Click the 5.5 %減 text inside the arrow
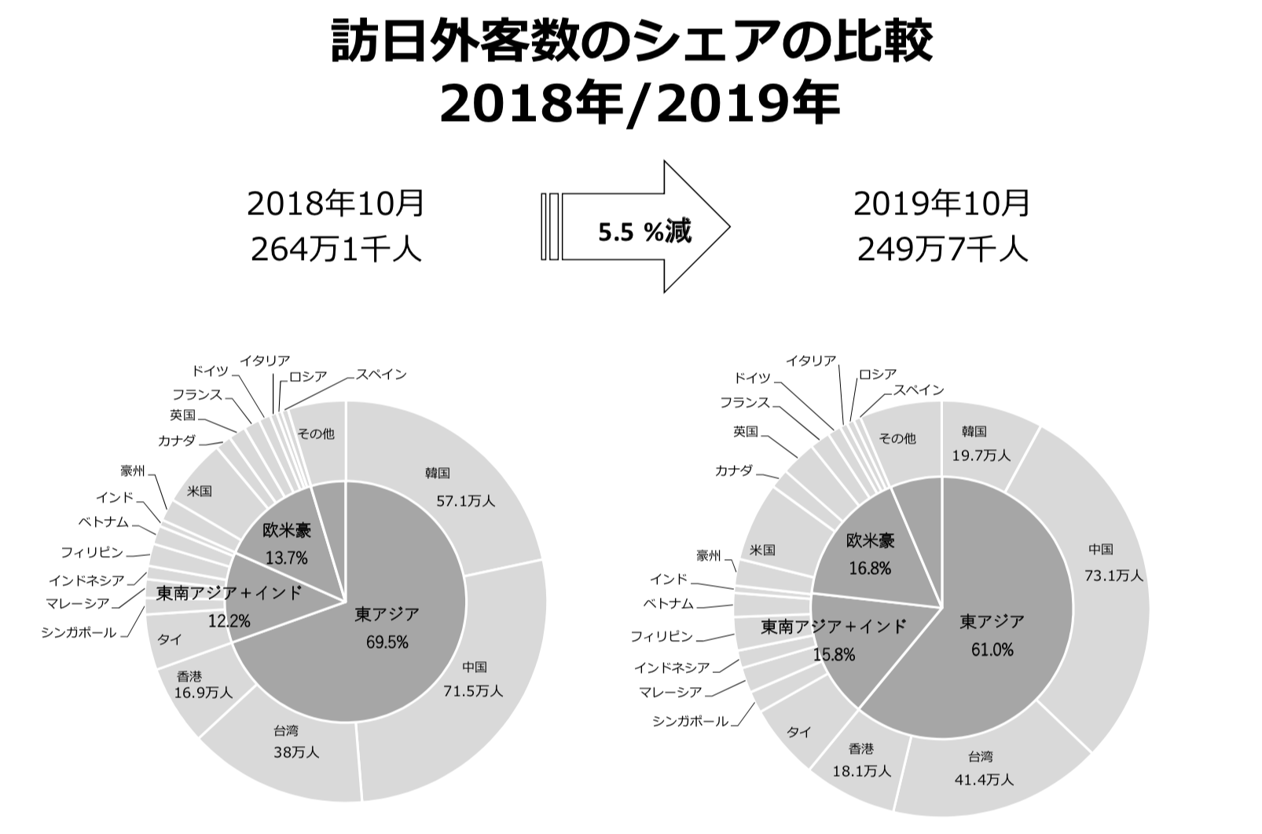[644, 232]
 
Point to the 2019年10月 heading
[942, 203]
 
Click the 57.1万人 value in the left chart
[466, 500]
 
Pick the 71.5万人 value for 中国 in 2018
[472, 691]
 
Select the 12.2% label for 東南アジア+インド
[229, 621]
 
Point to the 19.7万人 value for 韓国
[981, 455]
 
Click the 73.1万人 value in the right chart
[1113, 576]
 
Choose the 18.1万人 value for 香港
[862, 771]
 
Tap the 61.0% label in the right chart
[992, 649]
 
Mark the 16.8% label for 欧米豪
[870, 568]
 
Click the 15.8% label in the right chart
[834, 654]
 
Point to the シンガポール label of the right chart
[690, 721]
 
